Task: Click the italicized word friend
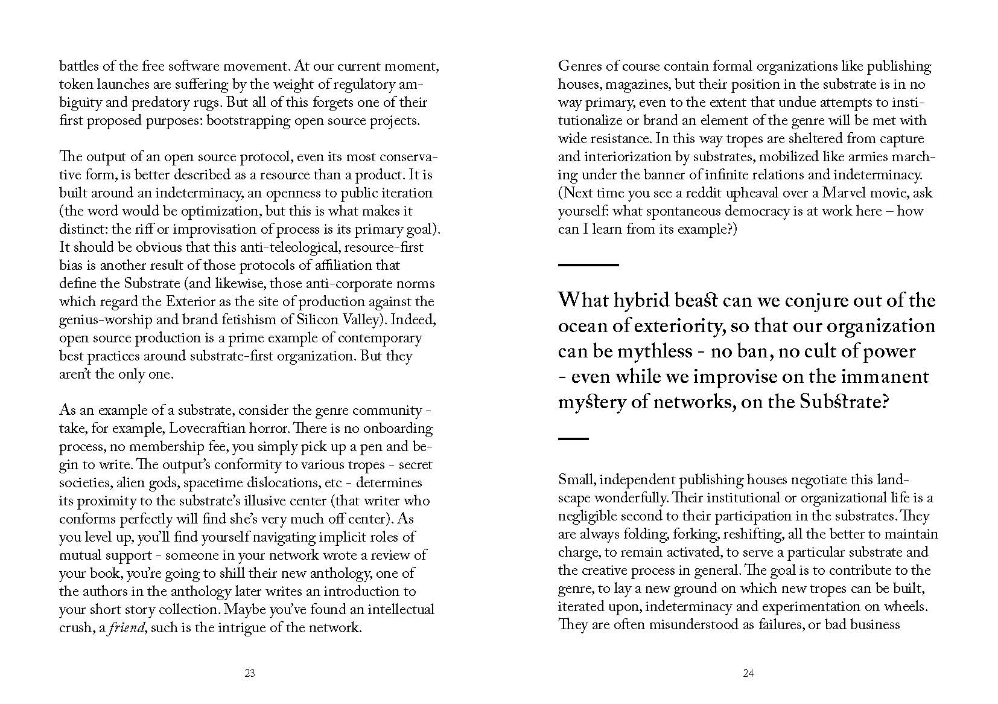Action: pyautogui.click(x=127, y=628)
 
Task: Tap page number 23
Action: pyautogui.click(x=250, y=673)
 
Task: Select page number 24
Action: pyautogui.click(x=748, y=673)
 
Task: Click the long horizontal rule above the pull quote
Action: pyautogui.click(x=588, y=264)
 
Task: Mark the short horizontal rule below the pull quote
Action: pyautogui.click(x=573, y=439)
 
